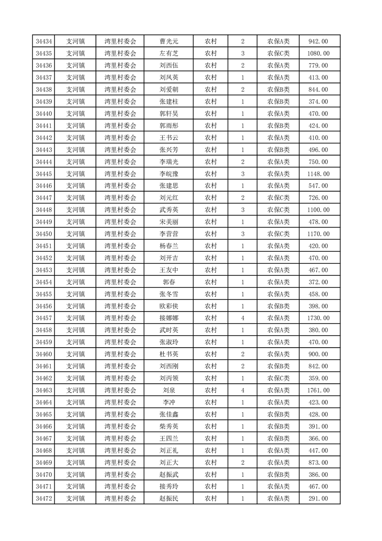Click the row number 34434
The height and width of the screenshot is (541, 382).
pos(44,41)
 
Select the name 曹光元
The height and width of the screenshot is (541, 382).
pos(169,41)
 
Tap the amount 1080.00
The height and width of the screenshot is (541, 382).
pos(319,54)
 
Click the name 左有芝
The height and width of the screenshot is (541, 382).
pos(169,54)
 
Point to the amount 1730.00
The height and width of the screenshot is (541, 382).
pos(319,318)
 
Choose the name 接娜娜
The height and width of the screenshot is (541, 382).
pos(169,318)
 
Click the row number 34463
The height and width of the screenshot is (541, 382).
pos(44,390)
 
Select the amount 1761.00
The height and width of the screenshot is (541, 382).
pos(319,390)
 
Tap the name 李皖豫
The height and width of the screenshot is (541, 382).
pos(169,174)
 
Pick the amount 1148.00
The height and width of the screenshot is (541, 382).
pos(319,174)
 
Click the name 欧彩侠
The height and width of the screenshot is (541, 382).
pos(169,306)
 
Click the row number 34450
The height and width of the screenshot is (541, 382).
pos(44,234)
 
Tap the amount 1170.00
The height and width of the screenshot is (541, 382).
pos(319,234)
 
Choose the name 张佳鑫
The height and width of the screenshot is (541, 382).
pos(169,414)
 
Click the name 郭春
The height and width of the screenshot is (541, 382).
pos(169,282)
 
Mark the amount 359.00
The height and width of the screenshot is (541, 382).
pos(319,378)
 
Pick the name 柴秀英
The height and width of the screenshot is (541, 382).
pos(169,426)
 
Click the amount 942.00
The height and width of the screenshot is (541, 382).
pos(319,41)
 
